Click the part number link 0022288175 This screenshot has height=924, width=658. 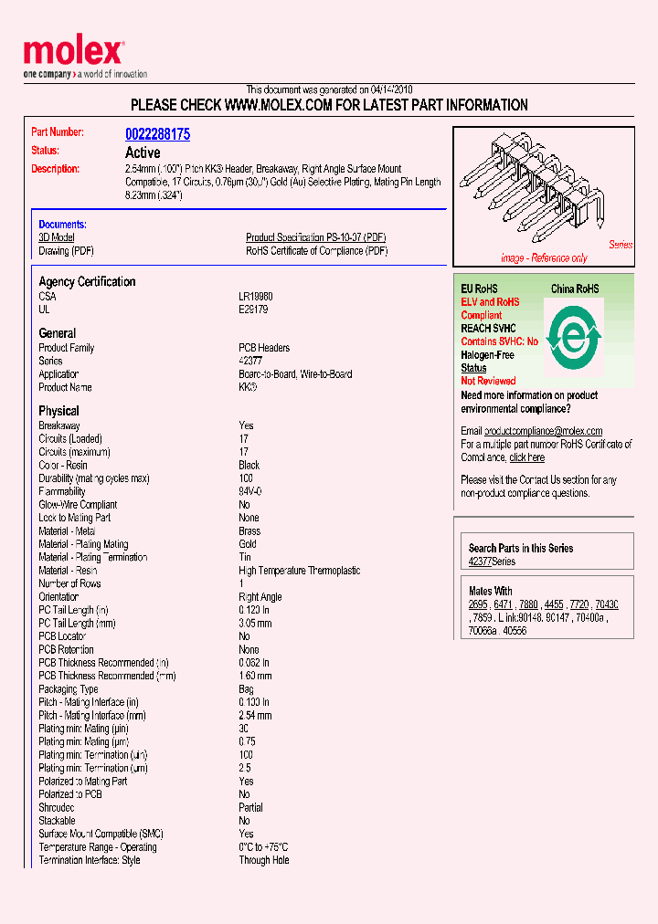[x=157, y=134]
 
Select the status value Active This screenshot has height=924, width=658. [x=143, y=152]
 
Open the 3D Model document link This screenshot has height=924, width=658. [x=56, y=237]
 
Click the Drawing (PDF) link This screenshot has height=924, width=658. [x=66, y=251]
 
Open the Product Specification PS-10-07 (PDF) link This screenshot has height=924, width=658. [x=316, y=237]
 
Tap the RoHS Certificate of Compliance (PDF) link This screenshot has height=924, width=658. [x=316, y=251]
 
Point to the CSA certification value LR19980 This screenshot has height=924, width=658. [x=256, y=297]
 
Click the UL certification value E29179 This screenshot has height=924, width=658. [x=253, y=310]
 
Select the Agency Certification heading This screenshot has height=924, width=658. [x=87, y=282]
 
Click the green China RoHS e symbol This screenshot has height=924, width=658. [x=573, y=339]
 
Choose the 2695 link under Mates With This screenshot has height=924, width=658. [x=478, y=604]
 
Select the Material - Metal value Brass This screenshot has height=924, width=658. [x=249, y=530]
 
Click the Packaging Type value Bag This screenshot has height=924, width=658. [x=247, y=689]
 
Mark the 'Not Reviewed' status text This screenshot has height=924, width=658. [x=488, y=381]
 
